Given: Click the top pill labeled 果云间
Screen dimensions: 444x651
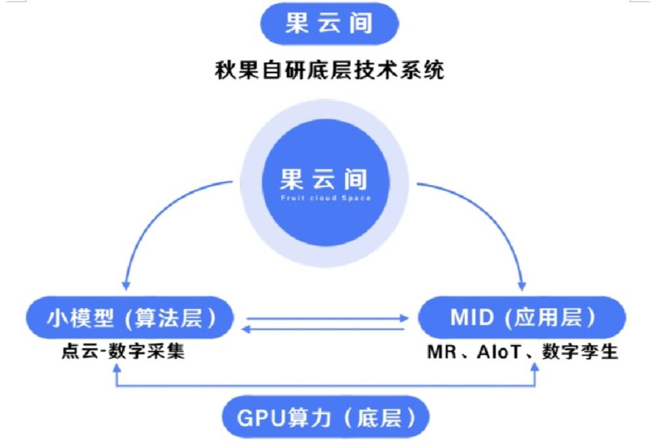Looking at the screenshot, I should [329, 24].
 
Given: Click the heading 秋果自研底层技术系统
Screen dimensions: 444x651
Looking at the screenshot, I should [329, 69].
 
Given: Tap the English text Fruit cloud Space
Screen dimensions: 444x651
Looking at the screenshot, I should [325, 198].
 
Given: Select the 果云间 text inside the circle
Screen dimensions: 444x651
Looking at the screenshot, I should [325, 179].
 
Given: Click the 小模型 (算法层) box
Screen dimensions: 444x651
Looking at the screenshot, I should [130, 319].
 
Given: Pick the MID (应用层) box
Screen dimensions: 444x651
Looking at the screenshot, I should [522, 319].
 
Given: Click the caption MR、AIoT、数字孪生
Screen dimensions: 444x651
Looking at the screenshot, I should [522, 351].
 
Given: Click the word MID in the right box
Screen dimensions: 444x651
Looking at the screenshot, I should [472, 319].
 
